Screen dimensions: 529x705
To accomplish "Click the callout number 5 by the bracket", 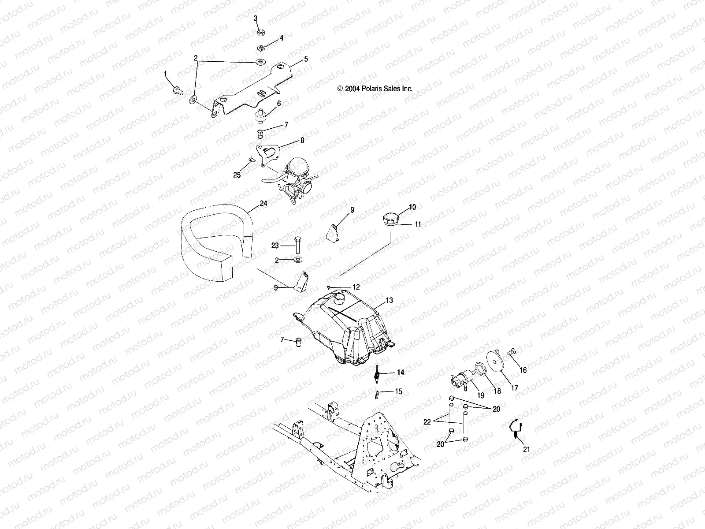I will pyautogui.click(x=305, y=59).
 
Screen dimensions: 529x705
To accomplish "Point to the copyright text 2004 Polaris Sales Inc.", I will pyautogui.click(x=375, y=89).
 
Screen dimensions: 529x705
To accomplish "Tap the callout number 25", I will pyautogui.click(x=237, y=175).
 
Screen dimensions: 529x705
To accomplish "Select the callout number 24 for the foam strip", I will pyautogui.click(x=263, y=204).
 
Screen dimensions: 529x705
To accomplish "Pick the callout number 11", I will pyautogui.click(x=418, y=224).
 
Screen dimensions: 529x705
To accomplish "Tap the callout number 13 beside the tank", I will pyautogui.click(x=389, y=300).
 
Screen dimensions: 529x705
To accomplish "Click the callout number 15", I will pyautogui.click(x=398, y=391).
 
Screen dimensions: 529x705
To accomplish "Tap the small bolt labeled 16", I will pyautogui.click(x=512, y=352).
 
